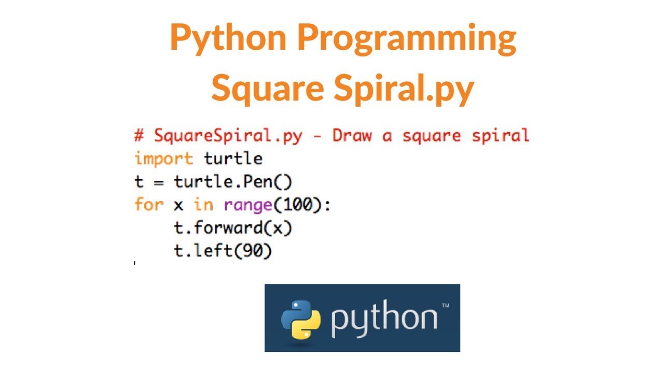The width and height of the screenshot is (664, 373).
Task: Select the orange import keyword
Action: [x=163, y=159]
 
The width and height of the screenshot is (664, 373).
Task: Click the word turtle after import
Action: [x=233, y=159]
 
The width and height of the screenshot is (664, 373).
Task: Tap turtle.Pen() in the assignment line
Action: [x=233, y=182]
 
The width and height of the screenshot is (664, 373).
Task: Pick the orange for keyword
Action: [x=149, y=205]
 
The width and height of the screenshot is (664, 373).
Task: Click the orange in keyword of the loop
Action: [x=203, y=205]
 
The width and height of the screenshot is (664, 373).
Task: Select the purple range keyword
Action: [x=248, y=205]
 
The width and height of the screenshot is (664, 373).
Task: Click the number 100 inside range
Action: [x=297, y=205]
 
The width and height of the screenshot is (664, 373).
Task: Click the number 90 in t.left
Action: [x=253, y=251]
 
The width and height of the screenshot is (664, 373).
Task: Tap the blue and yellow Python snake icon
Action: [x=298, y=318]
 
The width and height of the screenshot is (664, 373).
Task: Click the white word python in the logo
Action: [x=384, y=319]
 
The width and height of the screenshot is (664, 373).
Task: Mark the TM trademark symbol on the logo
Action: [x=445, y=306]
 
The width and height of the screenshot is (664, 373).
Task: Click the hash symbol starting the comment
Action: [x=139, y=136]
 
